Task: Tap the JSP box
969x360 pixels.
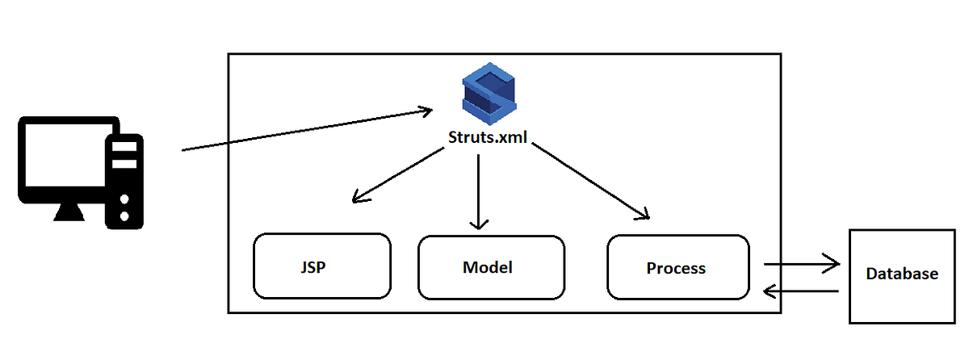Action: click(x=322, y=266)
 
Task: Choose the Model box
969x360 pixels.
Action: click(x=491, y=267)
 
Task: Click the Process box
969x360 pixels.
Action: click(x=677, y=267)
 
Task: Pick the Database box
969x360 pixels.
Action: click(x=902, y=275)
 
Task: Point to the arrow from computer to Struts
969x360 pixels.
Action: click(x=307, y=130)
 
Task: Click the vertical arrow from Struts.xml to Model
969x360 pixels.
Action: click(x=480, y=190)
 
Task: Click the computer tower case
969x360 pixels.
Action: click(x=125, y=182)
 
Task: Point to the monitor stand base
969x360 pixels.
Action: click(x=68, y=213)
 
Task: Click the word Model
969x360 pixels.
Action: click(x=488, y=267)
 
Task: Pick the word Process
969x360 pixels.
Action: click(x=676, y=268)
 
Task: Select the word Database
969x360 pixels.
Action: click(x=902, y=274)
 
